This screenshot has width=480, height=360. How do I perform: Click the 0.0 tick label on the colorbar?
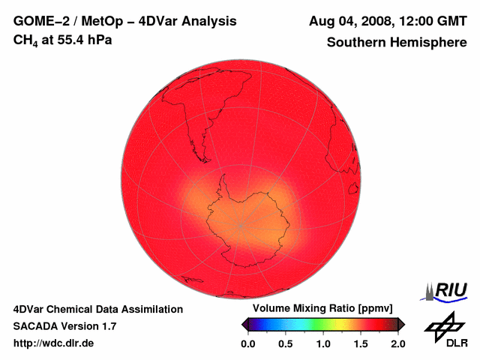tap(247, 343)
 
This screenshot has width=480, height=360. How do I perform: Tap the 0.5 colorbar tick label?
tap(285, 343)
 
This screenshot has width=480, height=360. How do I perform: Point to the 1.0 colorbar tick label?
tap(323, 343)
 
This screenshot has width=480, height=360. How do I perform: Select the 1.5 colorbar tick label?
tap(361, 343)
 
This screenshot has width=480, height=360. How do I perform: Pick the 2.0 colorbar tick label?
tap(397, 343)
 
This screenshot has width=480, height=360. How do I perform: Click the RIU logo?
tap(448, 290)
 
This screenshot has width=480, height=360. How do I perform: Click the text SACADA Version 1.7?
tap(64, 326)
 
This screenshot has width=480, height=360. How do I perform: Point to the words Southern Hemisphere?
tap(396, 43)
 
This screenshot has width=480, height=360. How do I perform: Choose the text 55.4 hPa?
tap(77, 39)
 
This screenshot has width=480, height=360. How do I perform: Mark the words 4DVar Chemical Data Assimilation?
tap(97, 309)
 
